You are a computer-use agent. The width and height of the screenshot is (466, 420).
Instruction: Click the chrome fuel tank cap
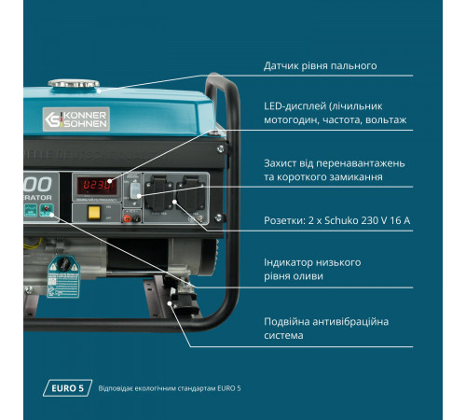[74, 83]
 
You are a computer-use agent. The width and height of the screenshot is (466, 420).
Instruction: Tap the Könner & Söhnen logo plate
[76, 119]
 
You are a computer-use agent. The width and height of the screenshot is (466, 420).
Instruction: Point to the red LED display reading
[97, 185]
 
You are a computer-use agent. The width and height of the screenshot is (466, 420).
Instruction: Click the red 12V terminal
[127, 218]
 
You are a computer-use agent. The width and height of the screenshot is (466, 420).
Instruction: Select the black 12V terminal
[136, 218]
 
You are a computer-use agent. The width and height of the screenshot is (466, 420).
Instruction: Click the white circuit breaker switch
[135, 190]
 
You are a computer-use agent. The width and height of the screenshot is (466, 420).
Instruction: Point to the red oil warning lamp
[47, 209]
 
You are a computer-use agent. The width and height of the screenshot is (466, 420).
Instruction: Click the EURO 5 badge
[67, 388]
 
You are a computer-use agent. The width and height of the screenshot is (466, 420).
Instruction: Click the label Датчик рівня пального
[321, 66]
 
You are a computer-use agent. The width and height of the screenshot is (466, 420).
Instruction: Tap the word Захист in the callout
[281, 163]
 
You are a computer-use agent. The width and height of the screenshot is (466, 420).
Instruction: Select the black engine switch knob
[64, 263]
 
